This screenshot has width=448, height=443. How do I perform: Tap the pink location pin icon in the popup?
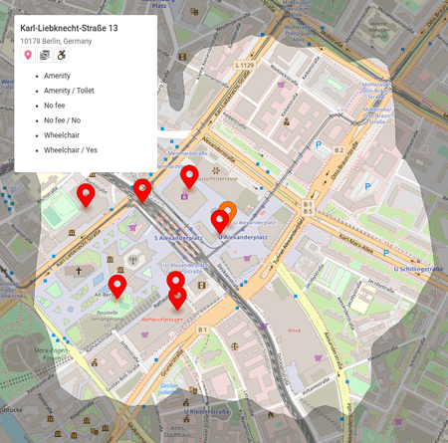[x=28, y=56]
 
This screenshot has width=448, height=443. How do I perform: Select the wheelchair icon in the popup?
[x=60, y=56]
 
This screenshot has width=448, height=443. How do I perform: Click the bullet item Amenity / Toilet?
[x=71, y=91]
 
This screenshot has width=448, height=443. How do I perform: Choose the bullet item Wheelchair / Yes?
[x=71, y=150]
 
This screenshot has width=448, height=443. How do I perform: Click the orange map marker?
[x=227, y=212]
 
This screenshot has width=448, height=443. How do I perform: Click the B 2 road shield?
[x=338, y=150]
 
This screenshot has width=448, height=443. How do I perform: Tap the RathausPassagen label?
[x=164, y=321]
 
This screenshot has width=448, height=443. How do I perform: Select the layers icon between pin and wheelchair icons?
[x=44, y=56]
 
